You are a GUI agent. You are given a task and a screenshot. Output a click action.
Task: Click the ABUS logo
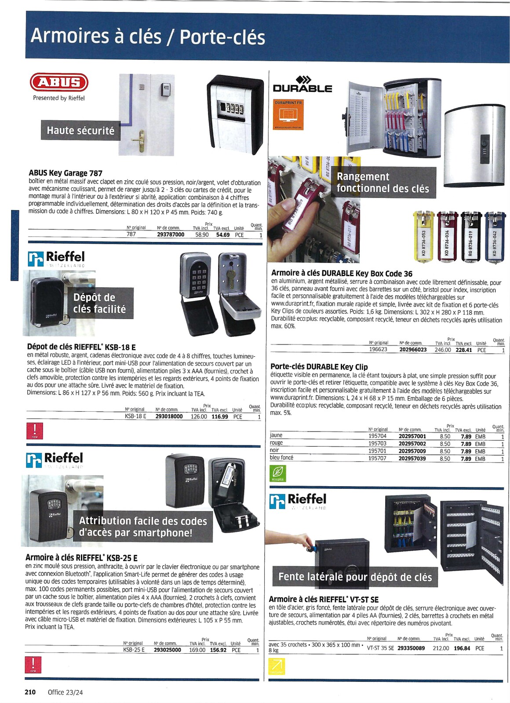[59, 82]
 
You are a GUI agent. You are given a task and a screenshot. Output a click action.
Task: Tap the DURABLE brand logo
[302, 84]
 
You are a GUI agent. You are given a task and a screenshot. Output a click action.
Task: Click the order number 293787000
[171, 235]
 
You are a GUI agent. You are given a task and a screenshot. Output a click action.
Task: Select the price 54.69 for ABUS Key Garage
[223, 235]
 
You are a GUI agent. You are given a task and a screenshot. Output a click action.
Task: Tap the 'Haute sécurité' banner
[80, 131]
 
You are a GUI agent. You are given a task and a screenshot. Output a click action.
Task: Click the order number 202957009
[412, 451]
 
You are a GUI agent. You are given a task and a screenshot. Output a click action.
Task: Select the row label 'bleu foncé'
[281, 458]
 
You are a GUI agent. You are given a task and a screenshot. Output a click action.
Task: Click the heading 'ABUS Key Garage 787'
[66, 173]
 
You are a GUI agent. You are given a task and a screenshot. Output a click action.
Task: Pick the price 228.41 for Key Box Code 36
[463, 350]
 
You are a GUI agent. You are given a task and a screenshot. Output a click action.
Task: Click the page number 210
[30, 692]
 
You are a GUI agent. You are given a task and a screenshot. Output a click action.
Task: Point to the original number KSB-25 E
[134, 650]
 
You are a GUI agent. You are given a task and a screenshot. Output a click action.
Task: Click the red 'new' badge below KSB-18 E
[35, 431]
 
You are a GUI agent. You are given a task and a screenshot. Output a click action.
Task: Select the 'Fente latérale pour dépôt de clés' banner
[355, 577]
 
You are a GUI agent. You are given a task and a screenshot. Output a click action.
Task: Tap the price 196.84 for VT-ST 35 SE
[462, 648]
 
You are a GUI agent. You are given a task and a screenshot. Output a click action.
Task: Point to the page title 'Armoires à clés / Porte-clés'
[148, 36]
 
